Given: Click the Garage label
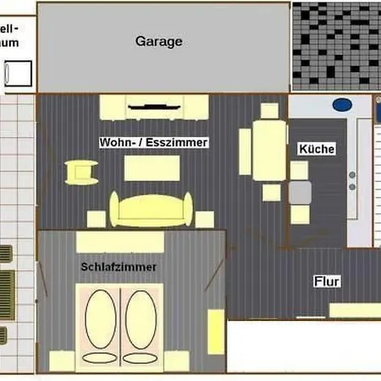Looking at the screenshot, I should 159,41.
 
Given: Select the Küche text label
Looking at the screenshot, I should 317,149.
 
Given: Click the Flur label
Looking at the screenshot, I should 327,282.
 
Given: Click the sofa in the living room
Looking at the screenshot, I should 152,210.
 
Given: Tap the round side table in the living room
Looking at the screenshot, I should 83,172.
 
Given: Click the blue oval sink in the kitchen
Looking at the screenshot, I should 342,106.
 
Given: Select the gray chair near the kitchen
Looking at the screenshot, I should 300,192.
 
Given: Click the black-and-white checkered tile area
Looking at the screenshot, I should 335,47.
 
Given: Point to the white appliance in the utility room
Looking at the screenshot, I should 19,74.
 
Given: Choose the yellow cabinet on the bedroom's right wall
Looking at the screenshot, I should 215,331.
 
